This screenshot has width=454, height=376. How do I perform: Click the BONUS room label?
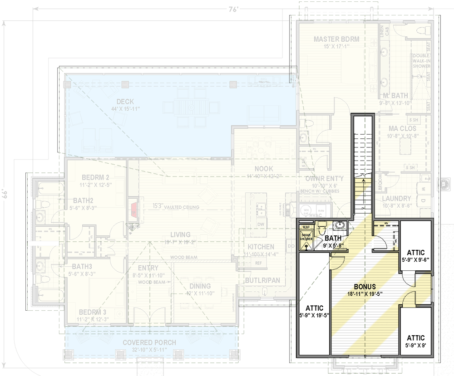coord(365,287)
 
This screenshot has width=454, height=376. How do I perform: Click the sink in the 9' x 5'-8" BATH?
coord(340,225)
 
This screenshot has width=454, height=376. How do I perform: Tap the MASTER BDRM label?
coord(336,39)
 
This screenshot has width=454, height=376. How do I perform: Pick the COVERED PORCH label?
coord(149,342)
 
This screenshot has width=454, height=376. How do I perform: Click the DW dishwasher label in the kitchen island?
coord(261,225)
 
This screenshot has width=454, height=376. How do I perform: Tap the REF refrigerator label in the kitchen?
coord(258,263)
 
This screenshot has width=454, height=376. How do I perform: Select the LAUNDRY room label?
coord(396,199)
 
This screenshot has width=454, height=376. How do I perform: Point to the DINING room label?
coord(200,286)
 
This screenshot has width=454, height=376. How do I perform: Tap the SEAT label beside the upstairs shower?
coord(306,227)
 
